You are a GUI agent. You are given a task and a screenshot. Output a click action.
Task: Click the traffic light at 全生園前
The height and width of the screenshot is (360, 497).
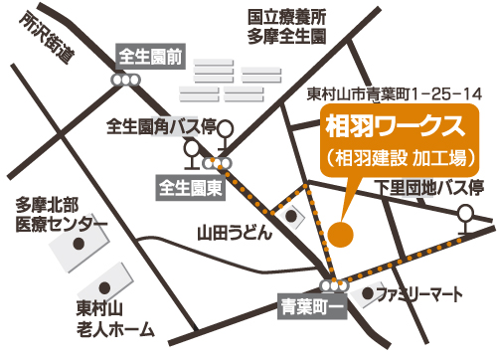[125, 80]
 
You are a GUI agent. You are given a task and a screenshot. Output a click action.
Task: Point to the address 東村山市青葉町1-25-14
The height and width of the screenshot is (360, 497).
[395, 94]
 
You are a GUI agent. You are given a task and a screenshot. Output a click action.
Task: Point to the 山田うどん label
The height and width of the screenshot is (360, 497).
[233, 234]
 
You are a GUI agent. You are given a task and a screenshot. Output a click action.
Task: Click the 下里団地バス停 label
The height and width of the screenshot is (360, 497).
[429, 188]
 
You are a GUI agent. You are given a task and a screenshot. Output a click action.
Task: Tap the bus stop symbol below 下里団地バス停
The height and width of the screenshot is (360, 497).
[464, 216]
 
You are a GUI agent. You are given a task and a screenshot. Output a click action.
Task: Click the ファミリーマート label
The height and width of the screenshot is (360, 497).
[422, 294]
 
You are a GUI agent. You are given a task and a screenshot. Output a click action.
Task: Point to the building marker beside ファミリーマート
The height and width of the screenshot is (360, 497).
[370, 294]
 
